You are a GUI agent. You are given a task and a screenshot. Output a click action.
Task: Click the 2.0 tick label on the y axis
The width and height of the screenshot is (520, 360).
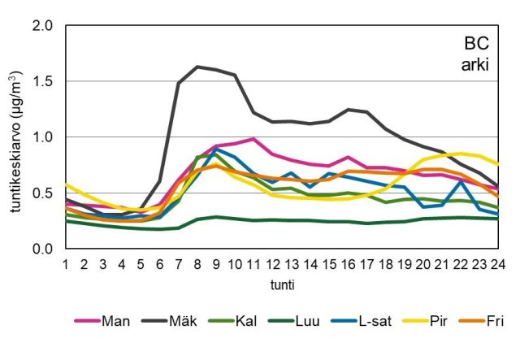click(42, 26)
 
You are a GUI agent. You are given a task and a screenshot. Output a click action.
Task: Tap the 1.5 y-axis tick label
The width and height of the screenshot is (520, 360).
click(42, 81)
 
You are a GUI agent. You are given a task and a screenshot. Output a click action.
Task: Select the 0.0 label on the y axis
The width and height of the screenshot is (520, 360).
click(42, 249)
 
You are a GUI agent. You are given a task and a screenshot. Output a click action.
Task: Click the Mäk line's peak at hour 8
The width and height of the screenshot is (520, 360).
click(197, 67)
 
